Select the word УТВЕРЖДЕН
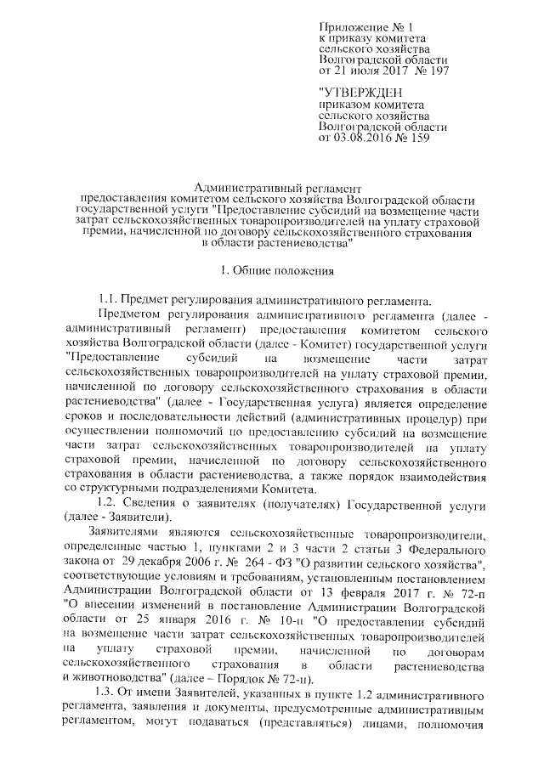(356, 92)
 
